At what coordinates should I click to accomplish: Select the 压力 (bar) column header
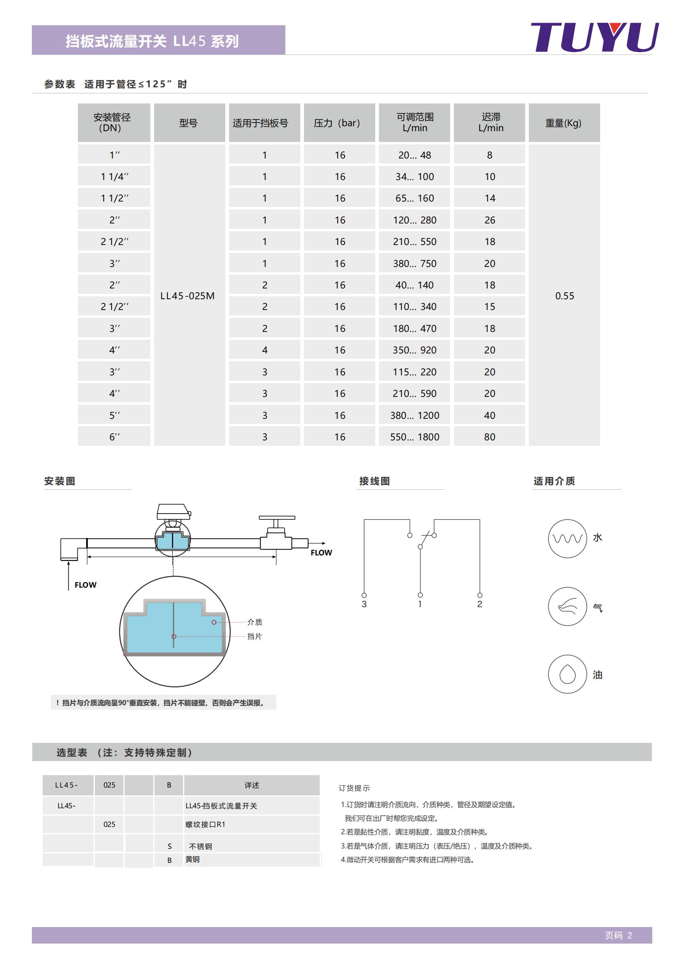339,123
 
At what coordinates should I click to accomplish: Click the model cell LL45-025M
187,295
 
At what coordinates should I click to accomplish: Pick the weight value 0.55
564,295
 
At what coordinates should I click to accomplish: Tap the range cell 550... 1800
415,437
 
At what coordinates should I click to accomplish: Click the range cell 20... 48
415,155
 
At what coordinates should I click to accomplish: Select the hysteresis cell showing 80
489,437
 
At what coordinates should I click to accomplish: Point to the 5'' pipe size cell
114,415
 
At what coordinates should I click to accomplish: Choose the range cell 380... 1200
415,415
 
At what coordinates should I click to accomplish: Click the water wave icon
567,538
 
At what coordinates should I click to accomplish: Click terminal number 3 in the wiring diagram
364,604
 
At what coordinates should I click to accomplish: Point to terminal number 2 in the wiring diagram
480,604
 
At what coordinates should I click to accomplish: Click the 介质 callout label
254,622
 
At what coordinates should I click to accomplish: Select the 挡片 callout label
254,636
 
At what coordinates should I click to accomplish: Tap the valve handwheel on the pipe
277,518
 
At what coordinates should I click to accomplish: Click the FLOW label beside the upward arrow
85,585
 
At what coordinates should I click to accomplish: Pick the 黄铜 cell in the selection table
193,859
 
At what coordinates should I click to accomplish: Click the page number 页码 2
618,936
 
